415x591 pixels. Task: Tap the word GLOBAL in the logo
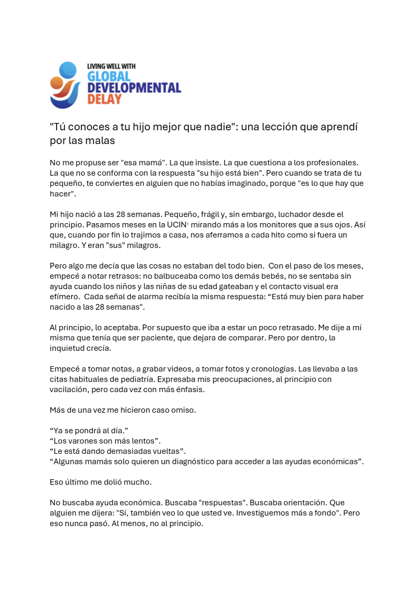tap(109, 77)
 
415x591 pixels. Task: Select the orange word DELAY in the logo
tap(105, 99)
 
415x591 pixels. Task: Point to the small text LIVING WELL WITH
tap(111, 66)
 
